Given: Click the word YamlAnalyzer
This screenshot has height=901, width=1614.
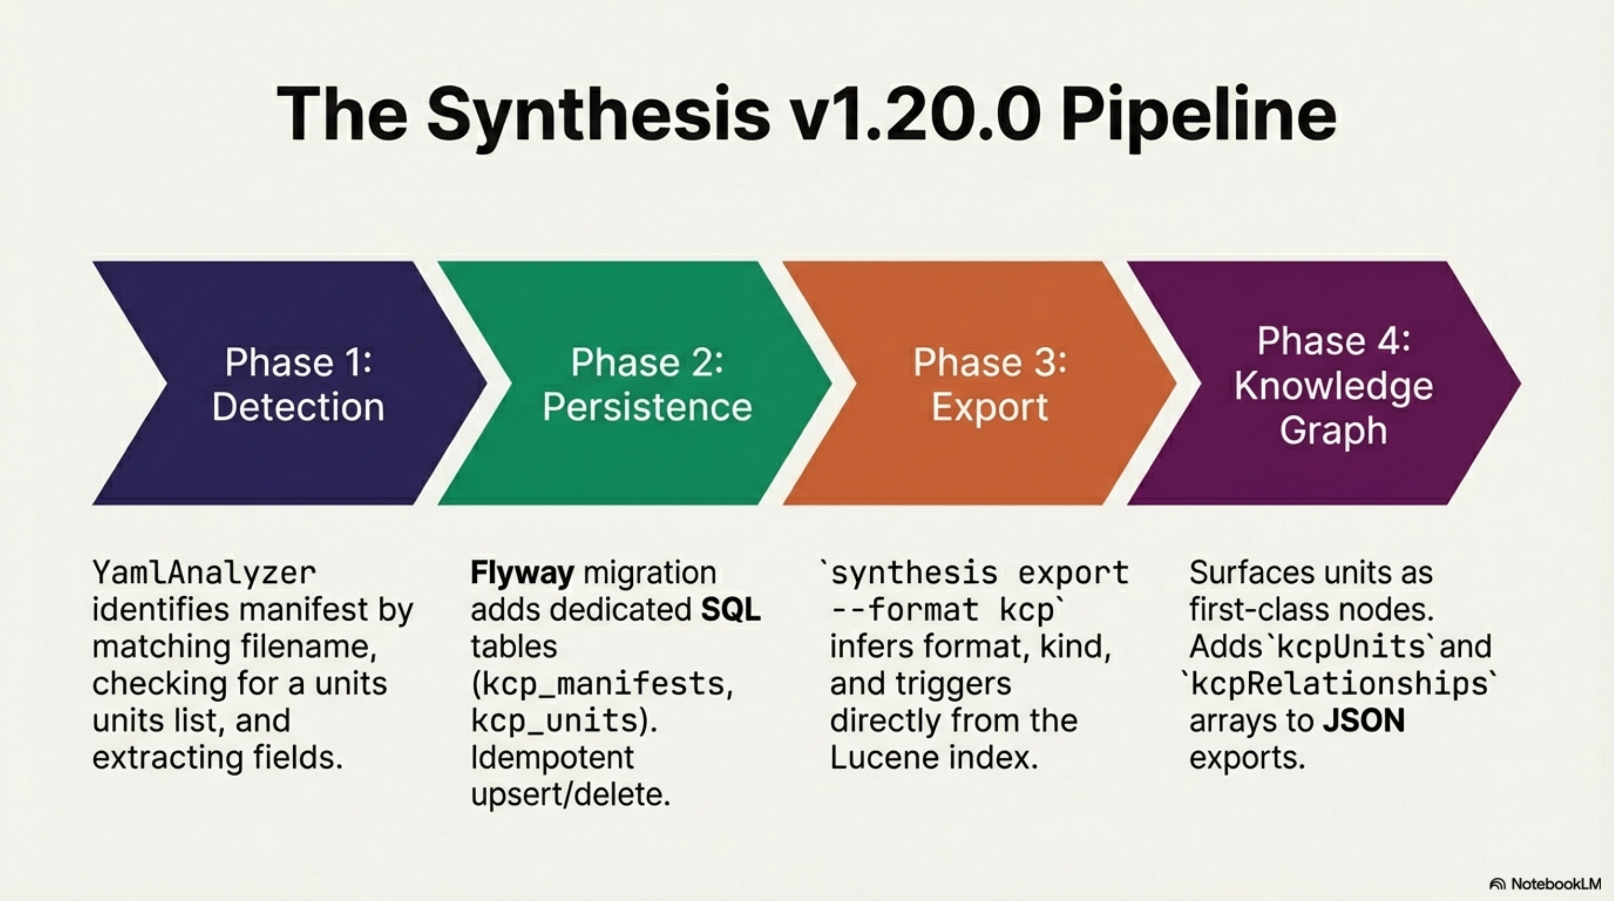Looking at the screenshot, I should click(204, 573).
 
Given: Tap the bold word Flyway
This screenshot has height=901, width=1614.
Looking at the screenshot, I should click(522, 573).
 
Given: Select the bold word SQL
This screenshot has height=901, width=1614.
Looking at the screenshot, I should click(731, 610).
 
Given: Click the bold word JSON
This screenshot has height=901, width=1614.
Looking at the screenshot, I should click(1364, 721).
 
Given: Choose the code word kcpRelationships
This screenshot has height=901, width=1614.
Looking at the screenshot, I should click(1339, 684).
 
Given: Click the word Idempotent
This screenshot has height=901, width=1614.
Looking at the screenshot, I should click(552, 757).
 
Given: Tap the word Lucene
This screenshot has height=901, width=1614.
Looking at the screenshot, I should click(884, 758).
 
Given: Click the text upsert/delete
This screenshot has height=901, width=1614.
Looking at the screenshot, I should click(570, 795).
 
